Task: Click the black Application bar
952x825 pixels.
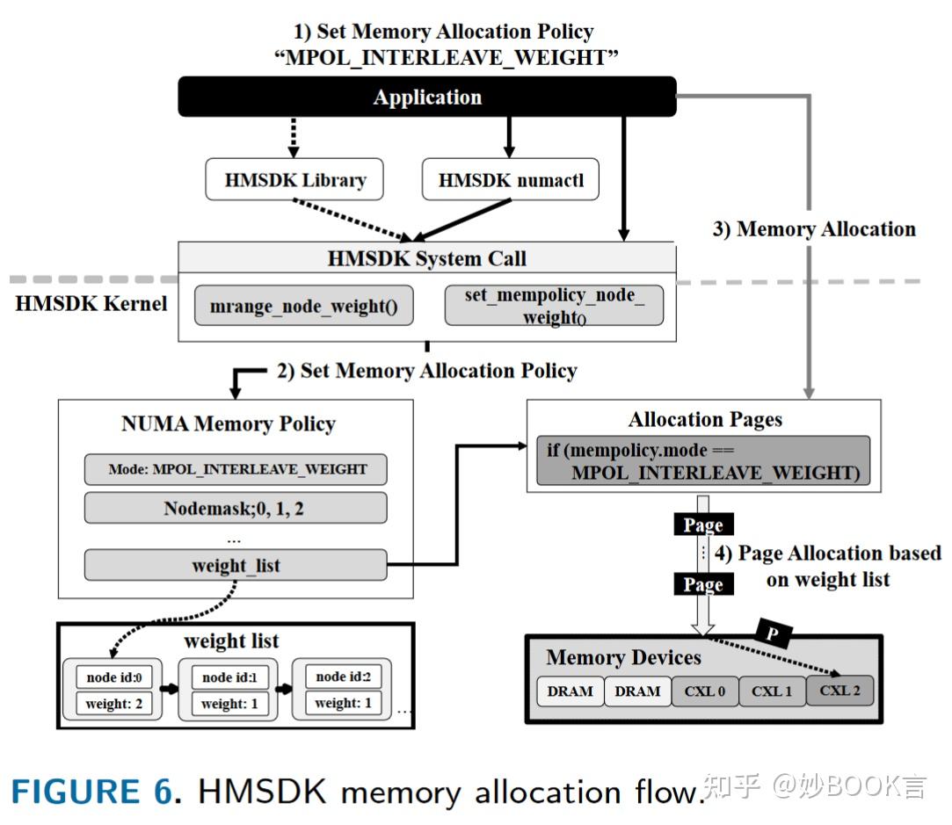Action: click(x=427, y=97)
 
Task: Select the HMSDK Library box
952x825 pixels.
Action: click(x=295, y=181)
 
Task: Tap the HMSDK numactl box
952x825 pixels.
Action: click(x=511, y=181)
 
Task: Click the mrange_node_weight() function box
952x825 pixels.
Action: click(x=303, y=306)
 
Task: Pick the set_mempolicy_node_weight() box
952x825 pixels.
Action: click(x=554, y=306)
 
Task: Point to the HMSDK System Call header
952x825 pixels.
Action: click(x=427, y=258)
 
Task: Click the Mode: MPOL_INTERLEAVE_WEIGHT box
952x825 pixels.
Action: click(x=236, y=469)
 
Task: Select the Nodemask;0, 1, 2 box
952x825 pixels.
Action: click(x=236, y=509)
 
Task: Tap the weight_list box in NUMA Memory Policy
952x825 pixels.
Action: click(x=236, y=565)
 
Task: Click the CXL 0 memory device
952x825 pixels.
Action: click(x=705, y=691)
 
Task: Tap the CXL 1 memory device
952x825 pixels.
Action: click(x=772, y=691)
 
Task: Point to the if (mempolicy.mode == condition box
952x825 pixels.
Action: click(x=703, y=461)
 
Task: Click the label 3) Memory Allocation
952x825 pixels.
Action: click(x=814, y=229)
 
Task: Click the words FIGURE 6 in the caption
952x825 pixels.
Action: click(x=91, y=792)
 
